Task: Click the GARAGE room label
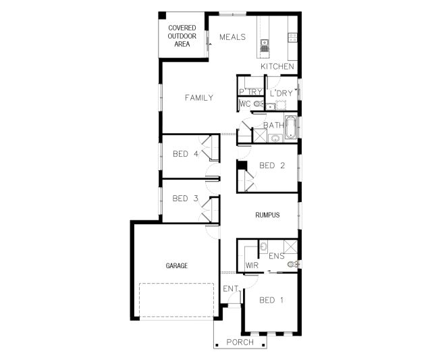pyautogui.click(x=177, y=265)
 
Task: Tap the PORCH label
pyautogui.click(x=240, y=342)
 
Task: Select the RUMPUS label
pyautogui.click(x=267, y=215)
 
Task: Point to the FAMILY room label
pyautogui.click(x=199, y=98)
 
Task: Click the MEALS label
pyautogui.click(x=232, y=37)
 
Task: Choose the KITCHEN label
pyautogui.click(x=277, y=66)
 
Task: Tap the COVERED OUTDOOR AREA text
pyautogui.click(x=182, y=36)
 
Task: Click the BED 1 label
pyautogui.click(x=271, y=300)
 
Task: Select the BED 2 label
pyautogui.click(x=272, y=165)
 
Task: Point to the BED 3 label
pyautogui.click(x=185, y=199)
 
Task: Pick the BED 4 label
pyautogui.click(x=186, y=154)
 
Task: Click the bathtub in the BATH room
pyautogui.click(x=290, y=127)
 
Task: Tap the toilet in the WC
pyautogui.click(x=258, y=104)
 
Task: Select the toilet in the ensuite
pyautogui.click(x=292, y=264)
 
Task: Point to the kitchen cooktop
pyautogui.click(x=292, y=38)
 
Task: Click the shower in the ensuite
pyautogui.click(x=291, y=247)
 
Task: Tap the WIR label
pyautogui.click(x=252, y=265)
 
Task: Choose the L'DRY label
pyautogui.click(x=281, y=93)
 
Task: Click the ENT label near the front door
pyautogui.click(x=231, y=289)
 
